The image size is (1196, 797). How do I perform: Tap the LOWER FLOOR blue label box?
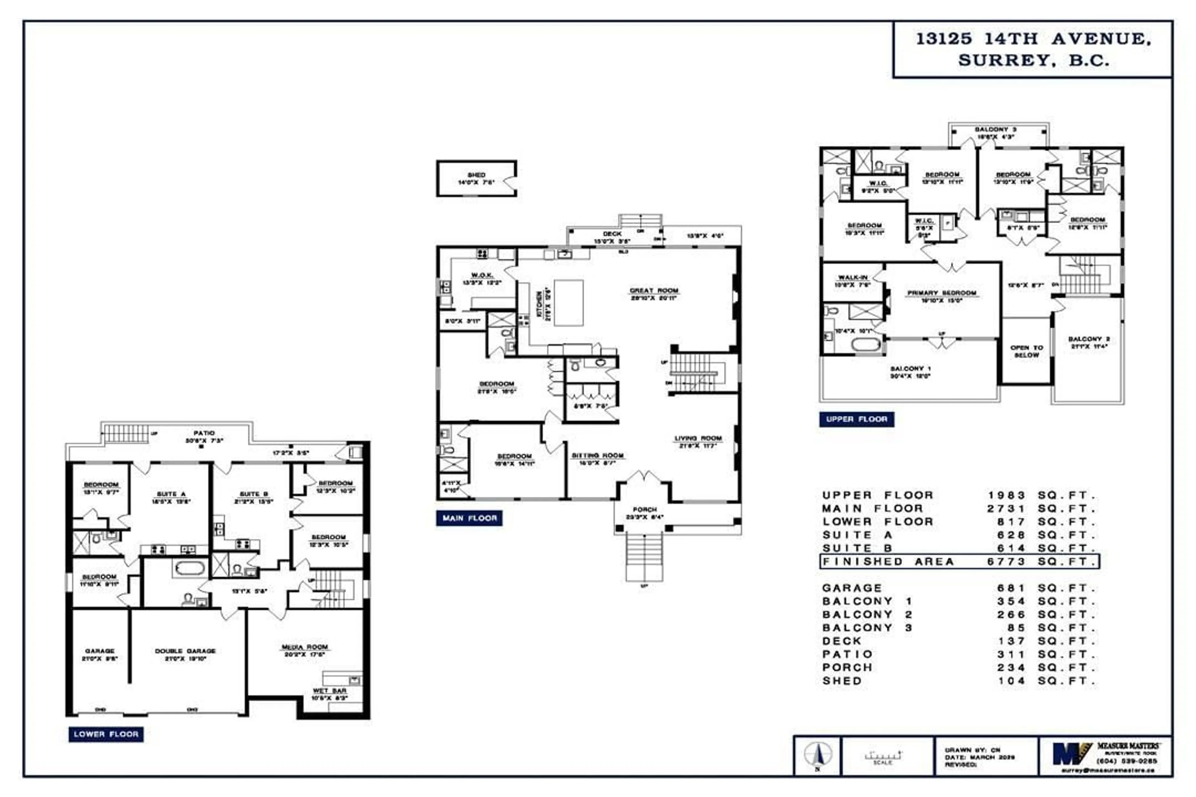(x=106, y=734)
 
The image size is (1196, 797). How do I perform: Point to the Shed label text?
(x=477, y=175)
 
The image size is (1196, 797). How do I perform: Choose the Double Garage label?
(x=185, y=651)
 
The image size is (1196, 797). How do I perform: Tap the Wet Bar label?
(x=330, y=691)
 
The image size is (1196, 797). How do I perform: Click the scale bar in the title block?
(x=883, y=756)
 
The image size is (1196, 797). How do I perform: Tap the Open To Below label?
(x=1027, y=351)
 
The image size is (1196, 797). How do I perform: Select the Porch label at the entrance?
(x=645, y=509)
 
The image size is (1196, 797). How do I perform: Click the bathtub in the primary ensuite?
(x=866, y=345)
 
